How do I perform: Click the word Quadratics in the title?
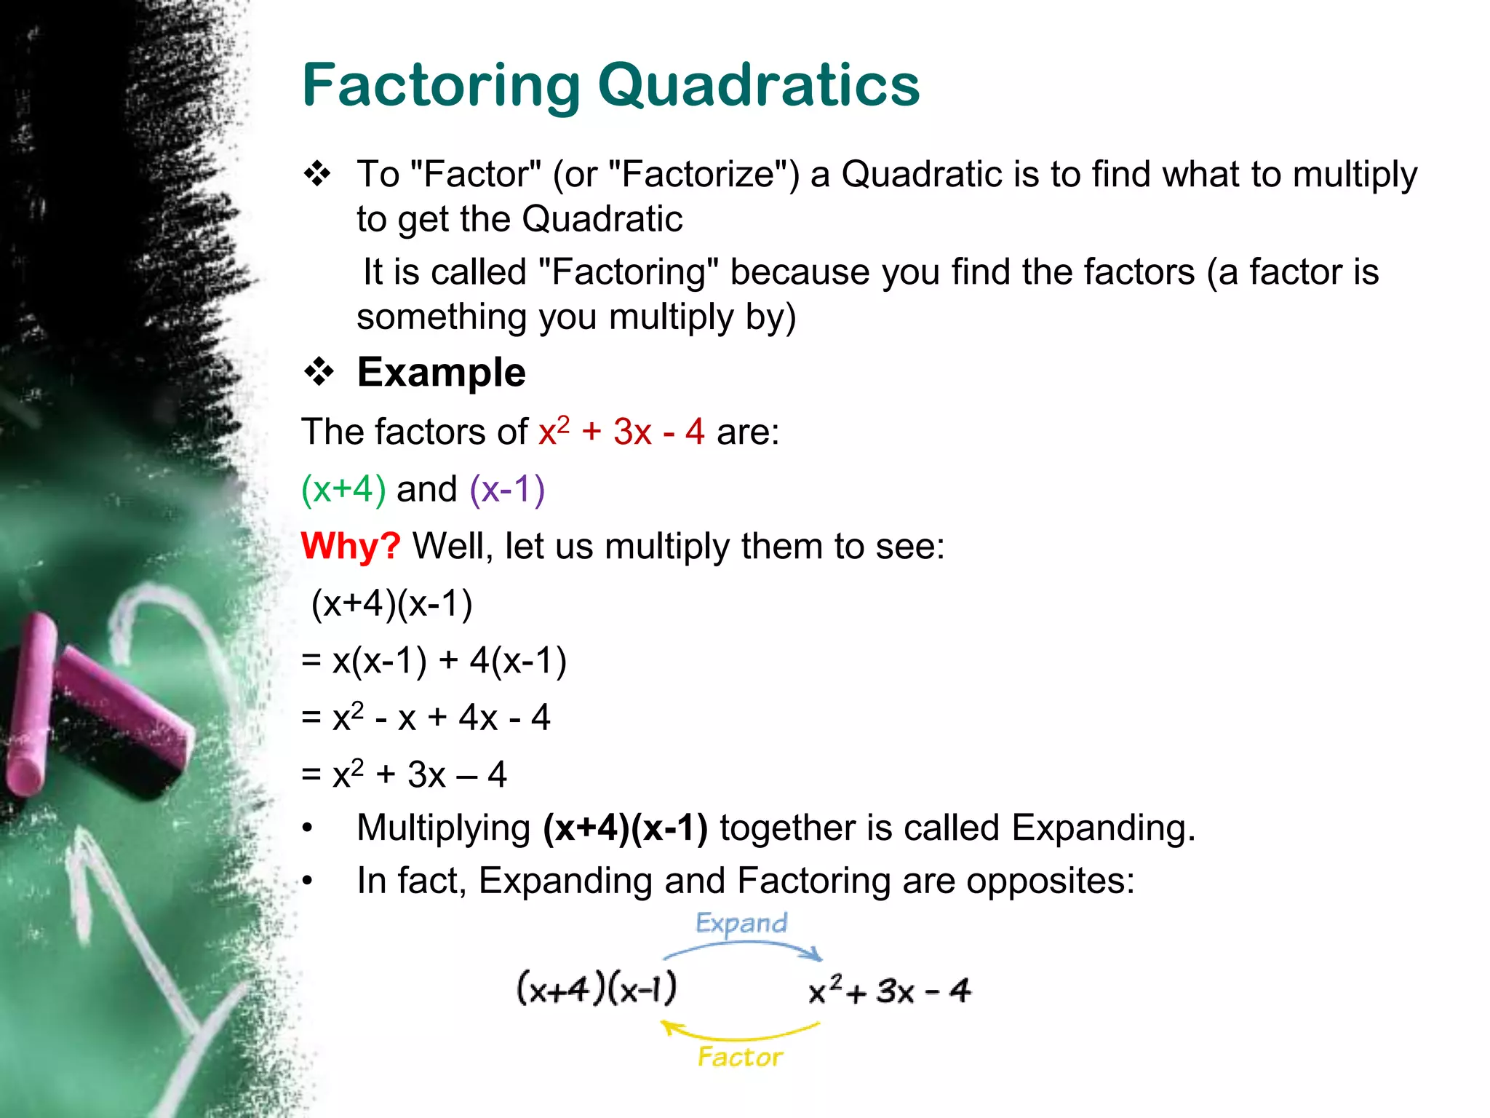(x=758, y=86)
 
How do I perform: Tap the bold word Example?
(x=441, y=373)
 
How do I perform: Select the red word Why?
(x=350, y=546)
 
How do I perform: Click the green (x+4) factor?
(x=343, y=489)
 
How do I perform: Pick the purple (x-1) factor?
(x=507, y=489)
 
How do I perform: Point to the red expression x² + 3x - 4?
(x=621, y=431)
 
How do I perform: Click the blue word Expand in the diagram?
(x=741, y=924)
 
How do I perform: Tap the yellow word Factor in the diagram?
(x=740, y=1057)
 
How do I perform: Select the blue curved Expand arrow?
(x=742, y=945)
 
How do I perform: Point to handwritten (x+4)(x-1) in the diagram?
(x=597, y=988)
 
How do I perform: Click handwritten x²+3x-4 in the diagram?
(x=889, y=991)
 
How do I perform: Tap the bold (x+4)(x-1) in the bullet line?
(x=625, y=828)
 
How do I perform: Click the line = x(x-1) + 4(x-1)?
(x=434, y=661)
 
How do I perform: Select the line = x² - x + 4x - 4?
(x=426, y=718)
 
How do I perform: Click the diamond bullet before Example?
(x=319, y=373)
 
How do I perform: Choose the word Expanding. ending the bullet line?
(x=1103, y=828)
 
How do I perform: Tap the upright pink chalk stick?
(x=31, y=706)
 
